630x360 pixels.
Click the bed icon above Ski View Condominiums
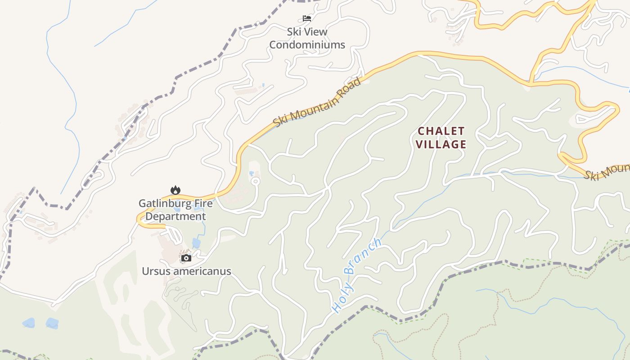pyautogui.click(x=307, y=18)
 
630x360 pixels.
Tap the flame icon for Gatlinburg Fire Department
pyautogui.click(x=175, y=190)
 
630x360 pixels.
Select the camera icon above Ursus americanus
pyautogui.click(x=186, y=258)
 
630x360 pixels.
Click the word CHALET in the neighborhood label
pyautogui.click(x=441, y=131)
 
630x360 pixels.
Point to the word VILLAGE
pyautogui.click(x=441, y=144)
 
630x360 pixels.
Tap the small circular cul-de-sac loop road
pyautogui.click(x=256, y=181)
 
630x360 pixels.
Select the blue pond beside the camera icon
pyautogui.click(x=196, y=243)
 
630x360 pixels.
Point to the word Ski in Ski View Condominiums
pyautogui.click(x=295, y=32)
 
